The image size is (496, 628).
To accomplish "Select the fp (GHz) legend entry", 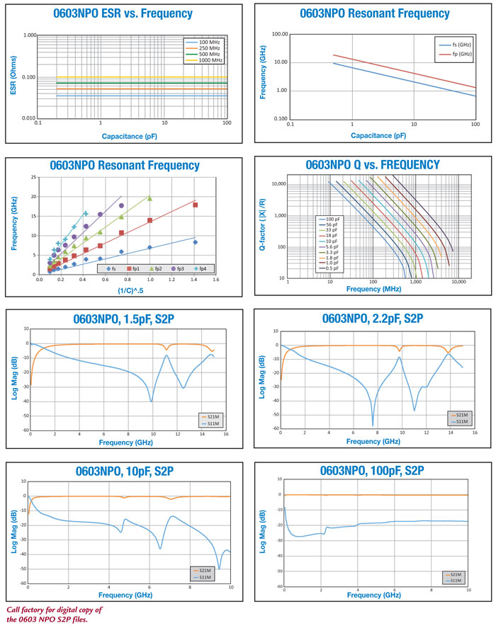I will [456, 55].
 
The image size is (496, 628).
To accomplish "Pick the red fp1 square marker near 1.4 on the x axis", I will [195, 205].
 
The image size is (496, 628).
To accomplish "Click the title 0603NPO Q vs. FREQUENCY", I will [372, 165].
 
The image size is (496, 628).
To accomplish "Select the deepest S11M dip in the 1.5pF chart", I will [150, 401].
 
